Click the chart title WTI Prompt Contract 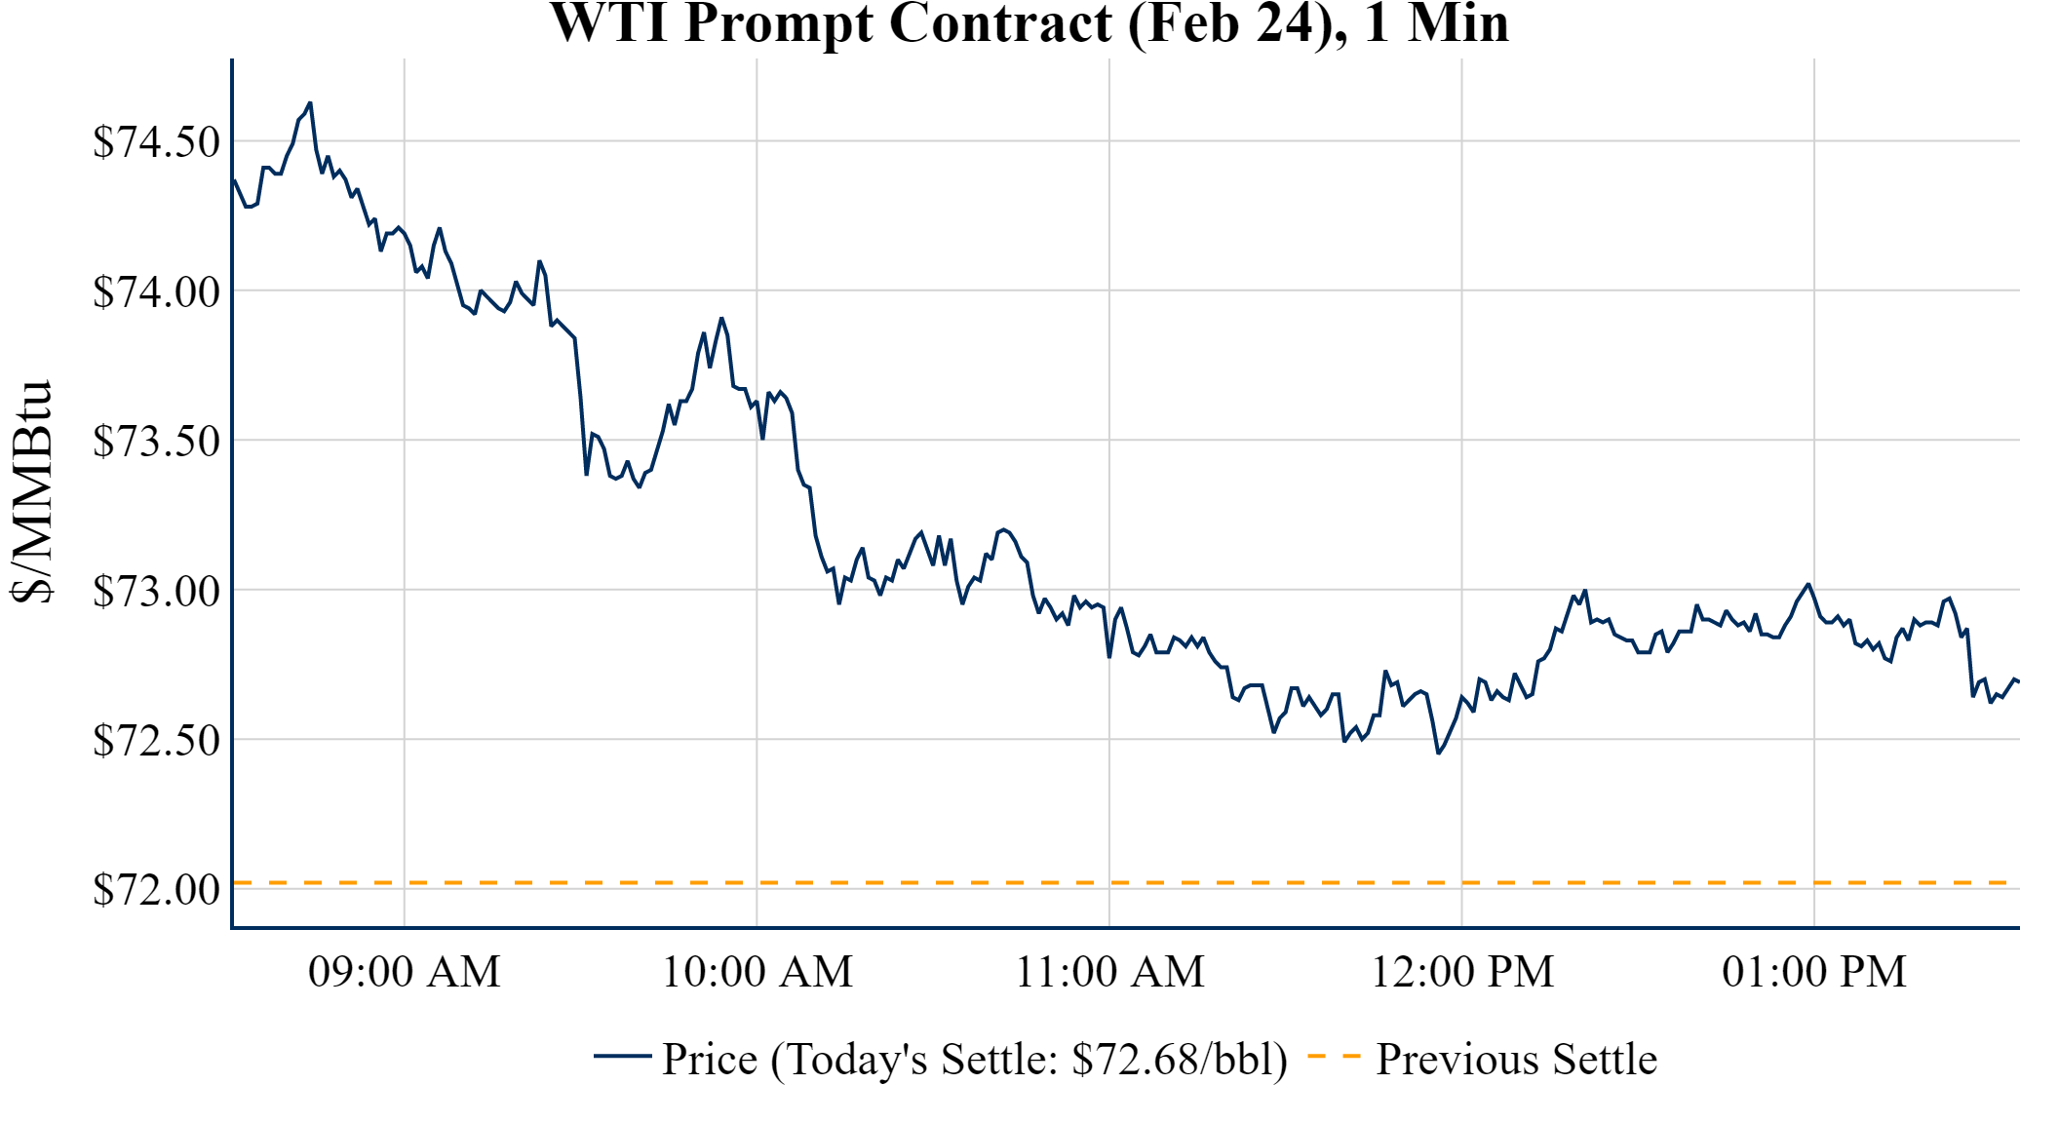pos(1029,23)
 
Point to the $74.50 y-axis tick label pos(156,142)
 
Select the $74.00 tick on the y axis pos(156,291)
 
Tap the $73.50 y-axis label pos(156,442)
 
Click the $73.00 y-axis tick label pos(156,591)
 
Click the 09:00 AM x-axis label pos(404,972)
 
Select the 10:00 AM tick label pos(757,972)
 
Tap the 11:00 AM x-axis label pos(1109,972)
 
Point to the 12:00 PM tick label pos(1462,972)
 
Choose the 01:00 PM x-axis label pos(1814,972)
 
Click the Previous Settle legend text pos(1516,1060)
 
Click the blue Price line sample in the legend pos(622,1056)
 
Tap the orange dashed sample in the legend pos(1333,1056)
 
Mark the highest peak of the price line pos(310,102)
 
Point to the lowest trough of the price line pos(1438,754)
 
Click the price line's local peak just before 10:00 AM pos(721,318)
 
